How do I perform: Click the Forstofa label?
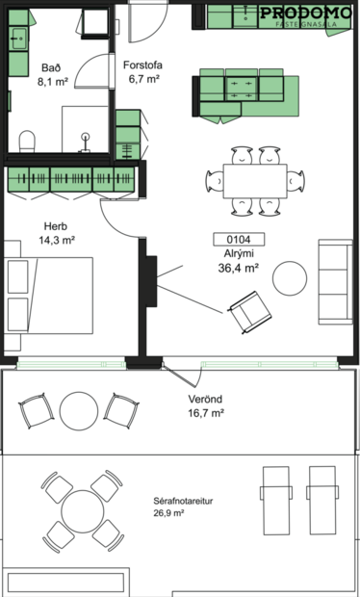coord(142,65)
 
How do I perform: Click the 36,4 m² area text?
coord(239,269)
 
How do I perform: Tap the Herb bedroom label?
coord(56,226)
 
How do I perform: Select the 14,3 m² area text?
coord(57,242)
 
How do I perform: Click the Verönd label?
coord(204,399)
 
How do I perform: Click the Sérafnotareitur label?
coord(182,501)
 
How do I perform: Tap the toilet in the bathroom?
coord(27,143)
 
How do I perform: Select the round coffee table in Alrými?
coord(290,279)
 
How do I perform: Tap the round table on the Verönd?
coord(77,410)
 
